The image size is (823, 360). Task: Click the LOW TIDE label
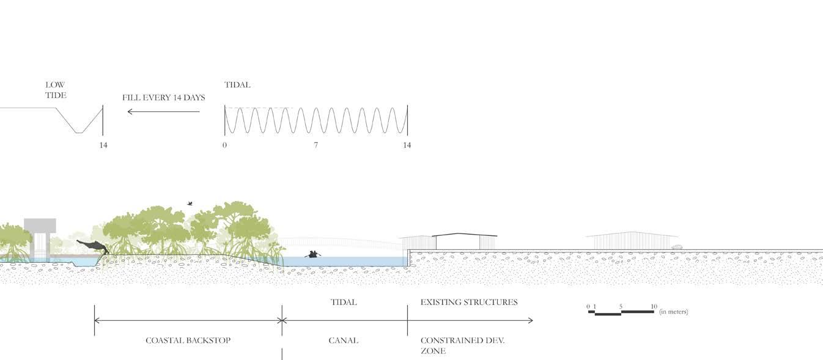55,90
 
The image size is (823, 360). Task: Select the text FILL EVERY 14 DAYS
163,98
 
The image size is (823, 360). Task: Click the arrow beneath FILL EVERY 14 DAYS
163,111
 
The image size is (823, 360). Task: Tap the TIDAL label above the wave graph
237,85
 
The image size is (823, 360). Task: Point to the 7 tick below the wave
316,145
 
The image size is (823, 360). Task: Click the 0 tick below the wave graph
224,145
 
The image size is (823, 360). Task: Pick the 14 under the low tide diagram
103,145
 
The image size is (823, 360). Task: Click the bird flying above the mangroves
190,204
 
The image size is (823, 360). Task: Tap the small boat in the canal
313,254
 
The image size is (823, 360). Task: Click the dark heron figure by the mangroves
93,246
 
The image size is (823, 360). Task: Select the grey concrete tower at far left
40,235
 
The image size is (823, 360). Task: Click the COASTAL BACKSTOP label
188,340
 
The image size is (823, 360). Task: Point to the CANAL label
343,340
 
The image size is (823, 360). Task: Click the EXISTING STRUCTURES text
469,302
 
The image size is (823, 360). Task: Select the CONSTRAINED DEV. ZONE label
462,345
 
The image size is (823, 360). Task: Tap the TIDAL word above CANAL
343,302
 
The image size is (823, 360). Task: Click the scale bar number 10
654,306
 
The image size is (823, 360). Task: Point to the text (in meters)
673,312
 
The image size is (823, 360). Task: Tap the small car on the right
676,247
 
